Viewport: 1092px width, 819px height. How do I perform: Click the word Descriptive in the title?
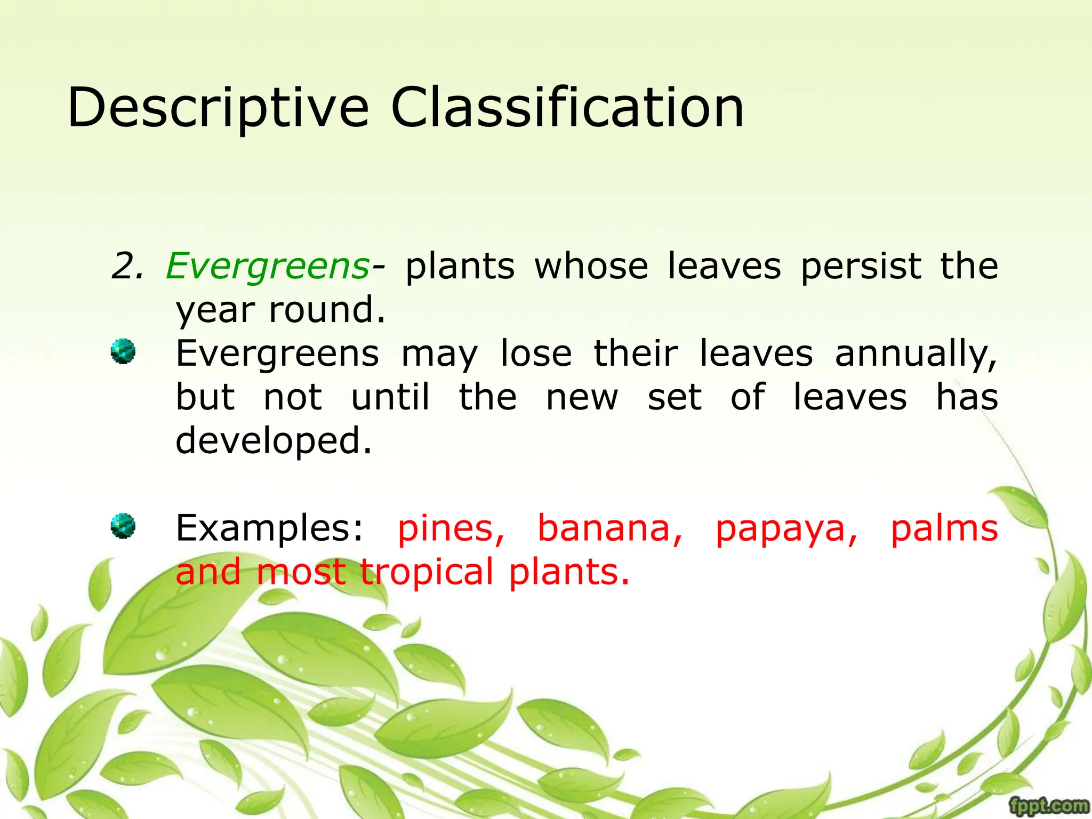tap(218, 108)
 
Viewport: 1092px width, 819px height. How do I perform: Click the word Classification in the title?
tap(567, 108)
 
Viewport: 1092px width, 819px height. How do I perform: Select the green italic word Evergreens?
tap(267, 266)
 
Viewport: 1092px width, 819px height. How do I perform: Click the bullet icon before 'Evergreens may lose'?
tap(123, 351)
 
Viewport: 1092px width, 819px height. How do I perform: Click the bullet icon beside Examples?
tap(123, 526)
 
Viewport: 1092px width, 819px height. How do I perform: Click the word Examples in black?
tap(269, 529)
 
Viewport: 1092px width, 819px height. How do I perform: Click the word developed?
tap(273, 441)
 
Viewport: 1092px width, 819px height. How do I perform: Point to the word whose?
tap(591, 266)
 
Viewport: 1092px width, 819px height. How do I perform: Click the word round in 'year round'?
tap(326, 310)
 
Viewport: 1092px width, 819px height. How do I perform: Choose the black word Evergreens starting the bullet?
tap(277, 354)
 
